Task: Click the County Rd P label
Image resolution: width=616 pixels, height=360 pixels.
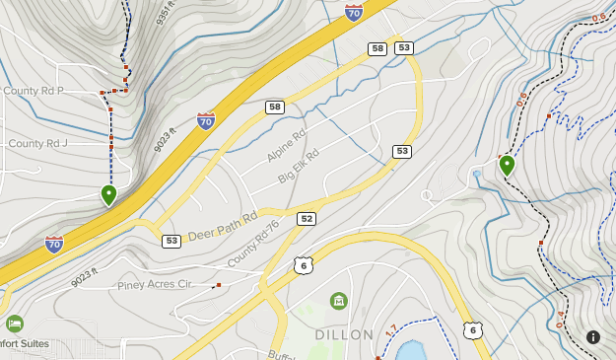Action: pos(34,91)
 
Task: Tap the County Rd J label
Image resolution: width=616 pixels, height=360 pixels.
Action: pos(37,143)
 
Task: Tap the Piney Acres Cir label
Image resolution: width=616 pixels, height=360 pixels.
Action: pos(154,284)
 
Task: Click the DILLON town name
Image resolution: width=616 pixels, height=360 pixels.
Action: pos(344,334)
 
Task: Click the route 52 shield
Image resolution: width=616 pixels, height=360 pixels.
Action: pos(307,219)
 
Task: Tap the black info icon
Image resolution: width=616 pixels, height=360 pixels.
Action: pos(593,337)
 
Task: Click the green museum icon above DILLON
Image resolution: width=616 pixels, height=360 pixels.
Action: pos(339,300)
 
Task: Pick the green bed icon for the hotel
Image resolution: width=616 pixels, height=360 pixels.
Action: pos(14,324)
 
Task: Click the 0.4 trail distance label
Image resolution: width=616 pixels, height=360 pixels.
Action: pos(561,318)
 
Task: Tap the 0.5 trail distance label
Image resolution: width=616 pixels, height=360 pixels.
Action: pos(521,99)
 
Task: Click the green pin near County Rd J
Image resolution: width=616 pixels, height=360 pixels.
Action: pos(108,194)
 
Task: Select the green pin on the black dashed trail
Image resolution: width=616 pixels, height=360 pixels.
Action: pos(507,165)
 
